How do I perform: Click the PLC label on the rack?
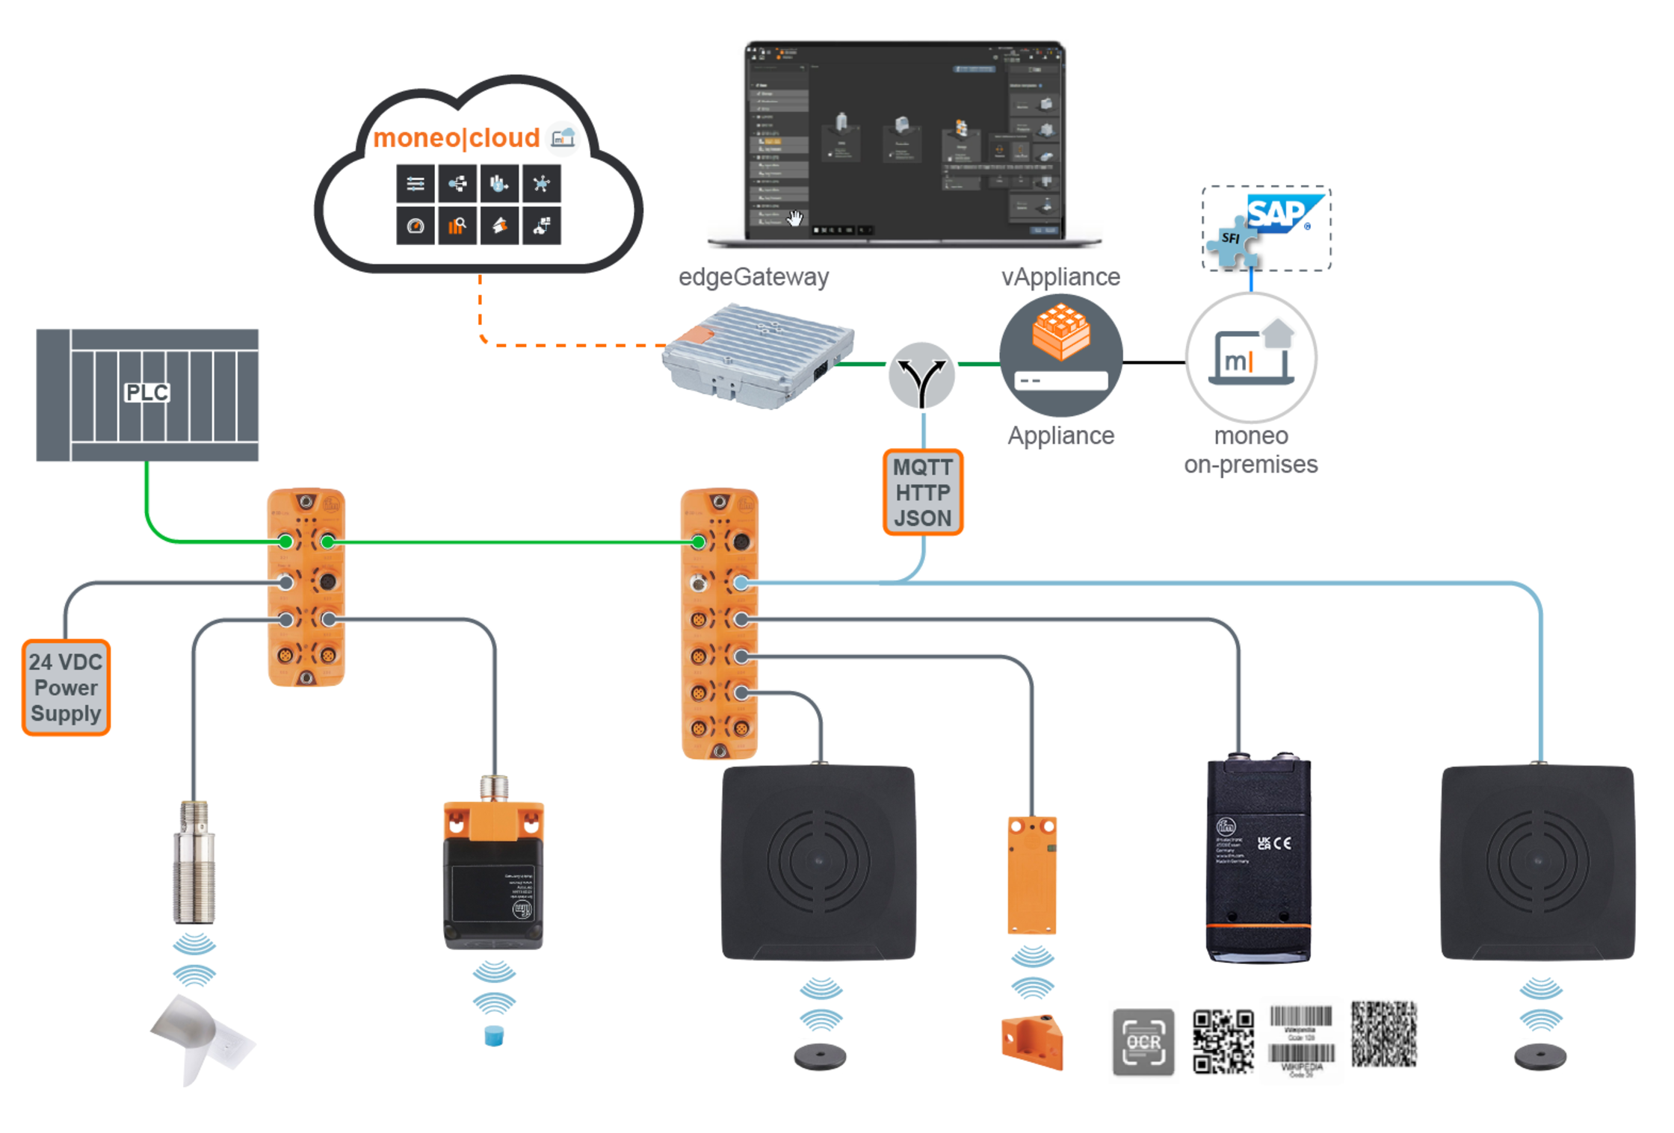tap(146, 393)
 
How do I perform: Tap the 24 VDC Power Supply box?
tap(66, 688)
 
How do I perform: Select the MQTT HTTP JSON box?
tap(923, 493)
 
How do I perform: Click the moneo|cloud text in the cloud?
tap(456, 138)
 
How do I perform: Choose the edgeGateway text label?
tap(753, 277)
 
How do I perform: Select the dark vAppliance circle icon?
tap(1060, 356)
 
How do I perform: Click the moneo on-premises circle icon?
tap(1251, 358)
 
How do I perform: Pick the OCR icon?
tap(1143, 1042)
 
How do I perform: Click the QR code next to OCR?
tap(1223, 1041)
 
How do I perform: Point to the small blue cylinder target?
tap(494, 1036)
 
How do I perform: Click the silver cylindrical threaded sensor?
tap(194, 863)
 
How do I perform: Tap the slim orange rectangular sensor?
tap(1032, 875)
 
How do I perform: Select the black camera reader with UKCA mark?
tap(1258, 859)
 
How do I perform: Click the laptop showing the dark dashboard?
tap(904, 142)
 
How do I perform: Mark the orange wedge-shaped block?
tap(1032, 1041)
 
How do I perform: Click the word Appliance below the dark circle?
tap(1060, 435)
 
